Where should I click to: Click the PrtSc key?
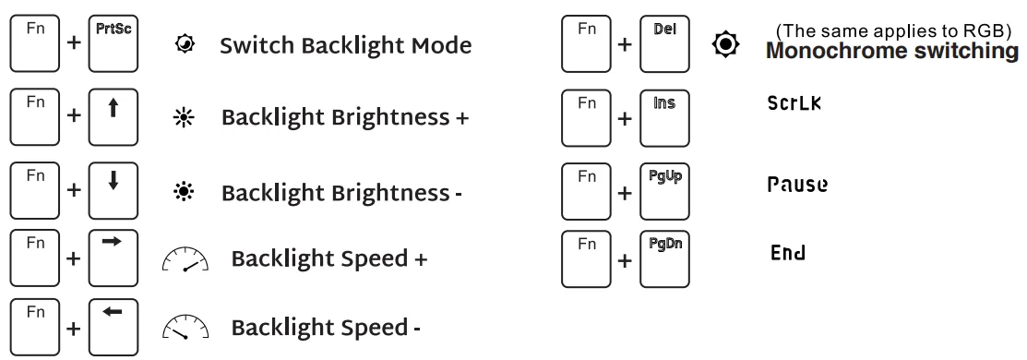pos(113,45)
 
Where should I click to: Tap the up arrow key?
pos(113,118)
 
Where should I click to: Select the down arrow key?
pos(113,193)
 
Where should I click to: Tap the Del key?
pos(664,45)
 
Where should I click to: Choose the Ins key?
pos(664,118)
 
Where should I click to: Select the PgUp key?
pos(664,193)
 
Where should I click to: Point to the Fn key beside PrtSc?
pos(36,45)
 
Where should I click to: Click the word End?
pos(787,252)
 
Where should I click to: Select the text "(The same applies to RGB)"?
pos(892,31)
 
